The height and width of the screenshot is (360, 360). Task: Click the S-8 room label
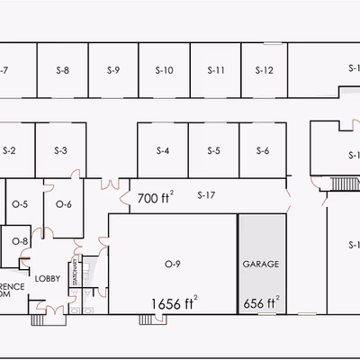click(61, 69)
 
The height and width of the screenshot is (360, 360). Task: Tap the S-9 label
click(112, 69)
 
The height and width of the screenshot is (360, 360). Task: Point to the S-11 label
click(215, 69)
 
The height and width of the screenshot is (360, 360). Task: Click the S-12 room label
click(264, 69)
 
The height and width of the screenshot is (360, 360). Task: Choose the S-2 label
click(10, 150)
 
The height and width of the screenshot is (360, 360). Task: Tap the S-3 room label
click(61, 150)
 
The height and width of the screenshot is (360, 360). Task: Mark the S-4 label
click(163, 150)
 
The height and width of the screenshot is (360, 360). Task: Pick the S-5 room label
click(213, 150)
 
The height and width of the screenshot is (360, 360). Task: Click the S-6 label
click(262, 150)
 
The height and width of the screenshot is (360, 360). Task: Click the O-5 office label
click(20, 204)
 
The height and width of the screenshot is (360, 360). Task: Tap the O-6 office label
click(63, 204)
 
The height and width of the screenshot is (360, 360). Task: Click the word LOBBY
click(47, 278)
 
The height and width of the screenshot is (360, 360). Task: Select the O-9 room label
click(173, 264)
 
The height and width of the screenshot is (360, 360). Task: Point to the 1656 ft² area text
click(174, 302)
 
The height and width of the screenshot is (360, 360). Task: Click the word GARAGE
click(261, 265)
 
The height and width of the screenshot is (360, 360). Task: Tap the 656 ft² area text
click(261, 302)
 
